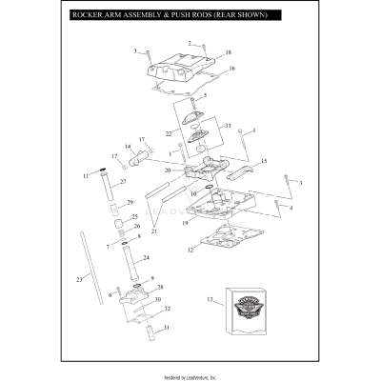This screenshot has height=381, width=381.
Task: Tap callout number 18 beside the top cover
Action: (228, 54)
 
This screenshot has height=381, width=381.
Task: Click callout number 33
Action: (227, 125)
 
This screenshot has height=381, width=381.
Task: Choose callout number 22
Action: (169, 133)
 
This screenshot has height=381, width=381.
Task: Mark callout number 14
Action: (127, 147)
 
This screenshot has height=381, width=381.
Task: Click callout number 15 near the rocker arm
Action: (264, 161)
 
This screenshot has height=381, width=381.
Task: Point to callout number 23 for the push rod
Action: (78, 277)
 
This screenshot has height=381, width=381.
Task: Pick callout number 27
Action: (122, 181)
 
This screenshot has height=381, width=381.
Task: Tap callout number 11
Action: (85, 176)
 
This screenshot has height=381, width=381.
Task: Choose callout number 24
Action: (146, 258)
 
